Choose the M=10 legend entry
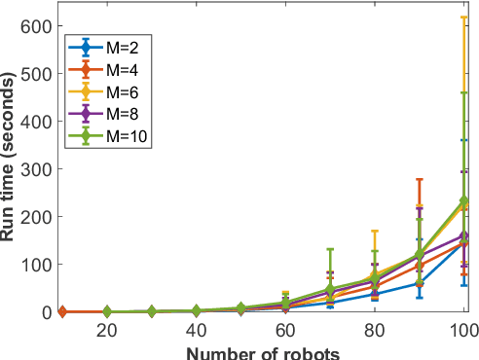[x=107, y=137]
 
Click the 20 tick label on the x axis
[x=107, y=331]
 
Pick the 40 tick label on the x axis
[x=197, y=331]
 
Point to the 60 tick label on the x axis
[x=285, y=331]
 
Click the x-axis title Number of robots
[x=263, y=351]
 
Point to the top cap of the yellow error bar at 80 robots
[x=375, y=232]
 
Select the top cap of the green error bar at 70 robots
[x=330, y=249]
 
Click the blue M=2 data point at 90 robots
[x=420, y=283]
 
